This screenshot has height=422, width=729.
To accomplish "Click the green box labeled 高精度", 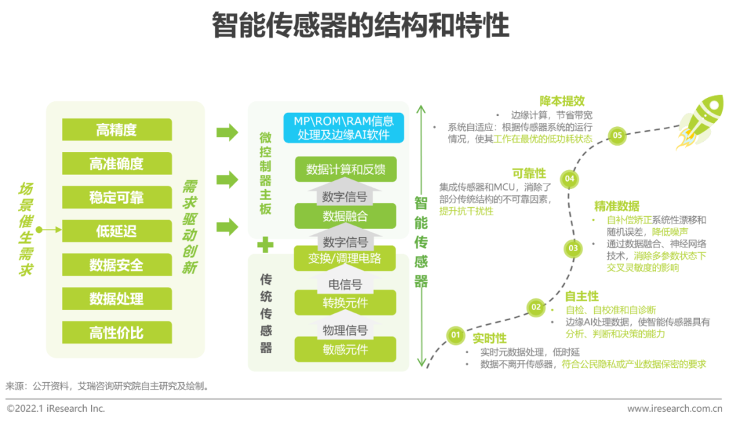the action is [x=117, y=130].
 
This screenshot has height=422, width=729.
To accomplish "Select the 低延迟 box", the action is [x=117, y=231].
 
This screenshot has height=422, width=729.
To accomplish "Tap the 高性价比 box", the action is [x=117, y=333].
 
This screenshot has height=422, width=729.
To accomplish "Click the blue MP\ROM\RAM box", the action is [x=344, y=128].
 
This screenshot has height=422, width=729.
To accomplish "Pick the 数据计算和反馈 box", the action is [x=346, y=169].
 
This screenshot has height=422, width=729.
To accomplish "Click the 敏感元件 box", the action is [x=346, y=350].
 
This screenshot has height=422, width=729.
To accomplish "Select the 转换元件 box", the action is [x=346, y=303].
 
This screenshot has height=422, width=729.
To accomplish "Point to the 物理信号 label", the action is [x=345, y=330].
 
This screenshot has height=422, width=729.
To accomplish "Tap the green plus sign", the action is [x=265, y=244].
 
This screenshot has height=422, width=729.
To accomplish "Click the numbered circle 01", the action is [x=455, y=334].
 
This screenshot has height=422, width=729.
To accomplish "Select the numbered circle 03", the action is [x=573, y=248].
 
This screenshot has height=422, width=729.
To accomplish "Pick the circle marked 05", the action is [x=617, y=136].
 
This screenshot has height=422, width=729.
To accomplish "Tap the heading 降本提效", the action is [x=562, y=101].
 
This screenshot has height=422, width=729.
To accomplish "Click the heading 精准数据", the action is [x=616, y=206].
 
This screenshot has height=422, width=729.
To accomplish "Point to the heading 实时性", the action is [x=489, y=338].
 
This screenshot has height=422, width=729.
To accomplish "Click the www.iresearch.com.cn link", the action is [x=674, y=408].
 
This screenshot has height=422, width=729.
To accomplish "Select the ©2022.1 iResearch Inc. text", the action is [x=56, y=408].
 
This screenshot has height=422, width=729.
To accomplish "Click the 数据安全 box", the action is [x=117, y=265].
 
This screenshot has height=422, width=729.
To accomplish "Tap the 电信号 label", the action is [x=345, y=284].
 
